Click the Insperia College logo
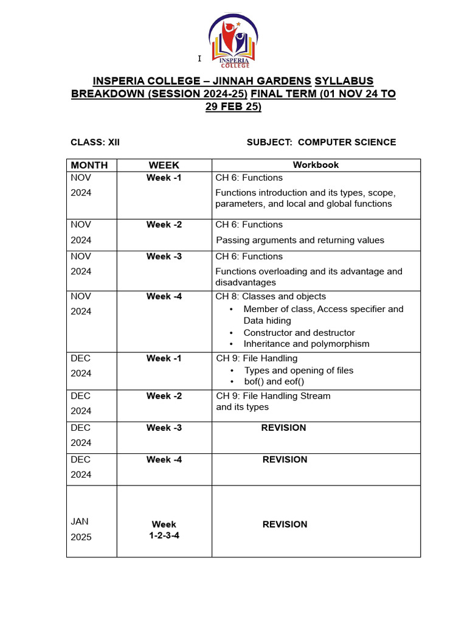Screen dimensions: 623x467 pyautogui.click(x=233, y=41)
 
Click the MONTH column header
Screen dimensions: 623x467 pyautogui.click(x=89, y=165)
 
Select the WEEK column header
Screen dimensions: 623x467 pyautogui.click(x=164, y=165)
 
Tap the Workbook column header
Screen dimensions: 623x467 pyautogui.click(x=316, y=165)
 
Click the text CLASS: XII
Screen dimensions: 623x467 pyautogui.click(x=95, y=142)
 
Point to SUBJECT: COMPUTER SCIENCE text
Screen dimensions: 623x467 pyautogui.click(x=321, y=142)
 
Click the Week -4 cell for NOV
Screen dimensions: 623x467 pyautogui.click(x=164, y=296)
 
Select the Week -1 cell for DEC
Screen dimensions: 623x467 pyautogui.click(x=164, y=358)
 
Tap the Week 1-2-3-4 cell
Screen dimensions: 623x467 pyautogui.click(x=164, y=530)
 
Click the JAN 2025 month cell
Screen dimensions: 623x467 pyautogui.click(x=81, y=529)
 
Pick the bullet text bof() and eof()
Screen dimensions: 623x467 pyautogui.click(x=274, y=381)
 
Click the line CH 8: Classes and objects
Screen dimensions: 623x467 pyautogui.click(x=271, y=296)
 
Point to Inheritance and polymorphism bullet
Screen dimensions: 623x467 pyautogui.click(x=306, y=344)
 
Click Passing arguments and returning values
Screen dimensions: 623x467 pyautogui.click(x=300, y=240)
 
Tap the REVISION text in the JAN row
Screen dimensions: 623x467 pyautogui.click(x=285, y=524)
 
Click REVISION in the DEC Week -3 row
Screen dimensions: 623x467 pyautogui.click(x=283, y=428)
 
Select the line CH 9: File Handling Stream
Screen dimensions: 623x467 pyautogui.click(x=274, y=396)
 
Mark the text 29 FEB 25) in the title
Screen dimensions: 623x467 pyautogui.click(x=233, y=106)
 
